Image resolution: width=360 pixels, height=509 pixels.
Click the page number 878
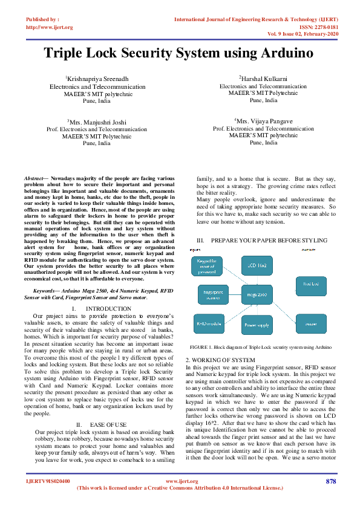[330, 481]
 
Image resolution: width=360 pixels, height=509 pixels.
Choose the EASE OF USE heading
[108, 425]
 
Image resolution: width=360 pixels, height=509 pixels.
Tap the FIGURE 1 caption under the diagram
[260, 348]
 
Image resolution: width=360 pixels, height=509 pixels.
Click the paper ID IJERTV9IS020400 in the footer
[48, 481]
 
